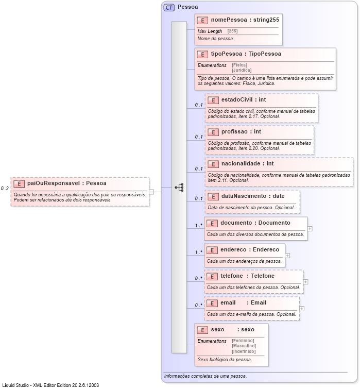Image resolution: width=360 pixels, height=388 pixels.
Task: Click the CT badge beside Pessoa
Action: pos(168,7)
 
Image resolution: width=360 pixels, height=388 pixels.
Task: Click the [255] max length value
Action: pos(233,31)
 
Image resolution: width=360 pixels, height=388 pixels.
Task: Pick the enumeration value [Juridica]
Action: pos(242,70)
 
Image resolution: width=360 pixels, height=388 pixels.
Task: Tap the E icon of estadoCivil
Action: pos(212,100)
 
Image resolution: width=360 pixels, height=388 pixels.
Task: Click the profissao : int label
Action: pos(241,132)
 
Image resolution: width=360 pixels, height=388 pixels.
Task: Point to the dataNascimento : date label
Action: pos(252,196)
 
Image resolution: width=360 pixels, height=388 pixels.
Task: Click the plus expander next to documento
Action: pos(310,228)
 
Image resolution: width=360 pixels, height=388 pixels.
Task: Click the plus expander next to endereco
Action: pos(287,255)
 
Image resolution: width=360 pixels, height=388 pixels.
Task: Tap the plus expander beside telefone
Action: pos(306,282)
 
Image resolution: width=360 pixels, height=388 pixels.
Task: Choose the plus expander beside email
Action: pos(302,309)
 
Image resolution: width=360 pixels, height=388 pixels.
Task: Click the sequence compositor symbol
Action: pos(179,188)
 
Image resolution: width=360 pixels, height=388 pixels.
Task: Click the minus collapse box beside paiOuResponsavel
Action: pos(151,192)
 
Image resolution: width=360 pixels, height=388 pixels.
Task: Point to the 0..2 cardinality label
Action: pos(5,189)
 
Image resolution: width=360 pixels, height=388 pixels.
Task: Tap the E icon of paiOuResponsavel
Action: pos(19,183)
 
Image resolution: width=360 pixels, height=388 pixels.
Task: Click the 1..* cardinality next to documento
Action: pos(198,225)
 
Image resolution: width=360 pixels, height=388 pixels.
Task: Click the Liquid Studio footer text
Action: pos(50,385)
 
